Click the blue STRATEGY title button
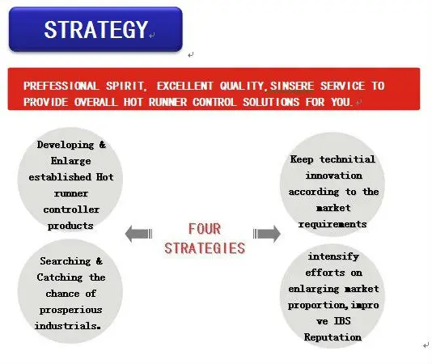coord(95,29)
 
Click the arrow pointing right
coord(267,234)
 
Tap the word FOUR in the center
coord(204,228)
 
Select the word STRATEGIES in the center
coord(204,248)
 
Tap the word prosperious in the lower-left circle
coord(71,309)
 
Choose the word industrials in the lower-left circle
coord(70,325)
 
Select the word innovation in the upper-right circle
coord(334,176)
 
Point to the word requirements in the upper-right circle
coord(334,224)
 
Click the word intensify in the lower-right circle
coord(333,256)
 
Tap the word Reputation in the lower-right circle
coord(333,337)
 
